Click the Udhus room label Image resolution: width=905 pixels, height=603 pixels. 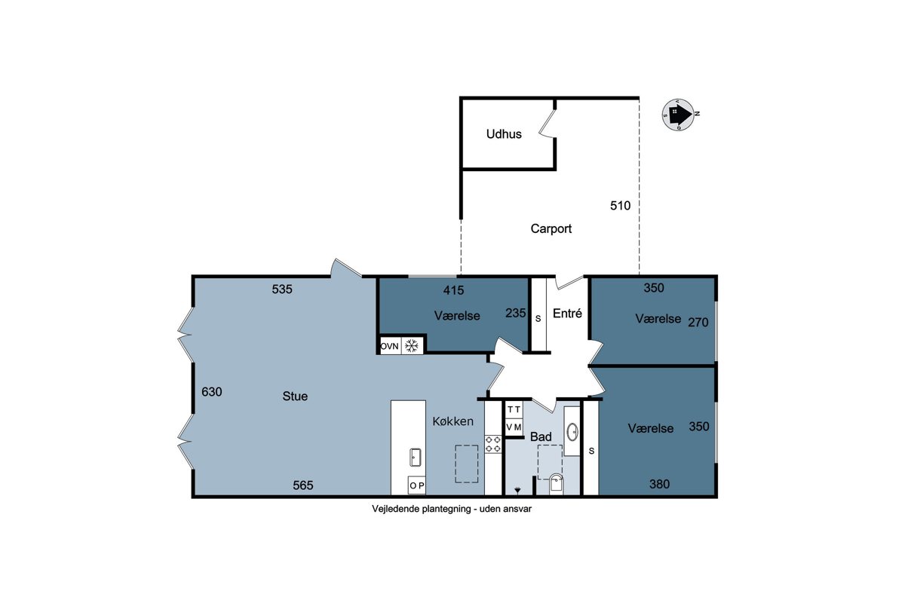[x=504, y=133]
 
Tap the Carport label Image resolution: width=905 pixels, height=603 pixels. [x=551, y=228]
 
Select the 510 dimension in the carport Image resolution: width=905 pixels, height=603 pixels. [x=620, y=206]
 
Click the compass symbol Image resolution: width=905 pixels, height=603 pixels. [x=680, y=115]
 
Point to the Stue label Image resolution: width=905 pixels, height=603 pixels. [x=295, y=396]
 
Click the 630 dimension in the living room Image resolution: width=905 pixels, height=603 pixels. [x=212, y=392]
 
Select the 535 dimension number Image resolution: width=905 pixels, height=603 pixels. [x=282, y=289]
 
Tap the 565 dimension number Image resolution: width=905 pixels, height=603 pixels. [x=303, y=485]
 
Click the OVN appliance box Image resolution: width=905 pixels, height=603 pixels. [x=391, y=346]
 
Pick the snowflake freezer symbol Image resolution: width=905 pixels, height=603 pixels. [x=412, y=346]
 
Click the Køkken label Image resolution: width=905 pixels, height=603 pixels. [x=453, y=421]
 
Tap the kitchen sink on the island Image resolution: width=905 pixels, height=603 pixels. [x=416, y=458]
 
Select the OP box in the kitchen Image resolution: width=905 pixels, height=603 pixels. [x=417, y=485]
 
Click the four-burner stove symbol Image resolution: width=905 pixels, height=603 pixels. [x=493, y=444]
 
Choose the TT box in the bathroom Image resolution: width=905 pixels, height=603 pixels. [x=514, y=409]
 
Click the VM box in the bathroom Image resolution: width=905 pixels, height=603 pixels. [x=514, y=427]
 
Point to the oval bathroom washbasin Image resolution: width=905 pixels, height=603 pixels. [x=572, y=432]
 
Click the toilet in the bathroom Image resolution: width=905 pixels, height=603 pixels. [x=557, y=484]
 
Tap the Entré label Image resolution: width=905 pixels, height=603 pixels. [x=567, y=313]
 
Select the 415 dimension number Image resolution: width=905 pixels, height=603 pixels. [x=453, y=290]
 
